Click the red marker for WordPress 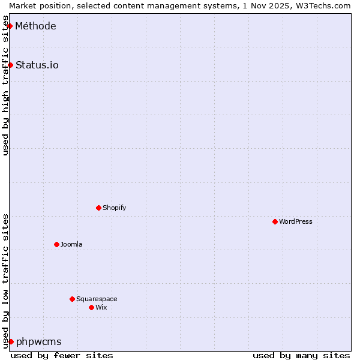[275, 221]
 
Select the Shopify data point [98, 208]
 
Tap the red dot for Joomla [56, 244]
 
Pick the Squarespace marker [72, 299]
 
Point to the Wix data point [91, 307]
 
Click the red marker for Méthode [10, 26]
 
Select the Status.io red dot [10, 65]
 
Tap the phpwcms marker [11, 341]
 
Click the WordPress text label [296, 221]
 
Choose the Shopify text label [114, 208]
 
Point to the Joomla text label [71, 244]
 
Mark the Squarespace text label [97, 299]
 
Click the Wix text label [101, 307]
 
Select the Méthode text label [36, 26]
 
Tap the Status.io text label [37, 65]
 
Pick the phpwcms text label [39, 341]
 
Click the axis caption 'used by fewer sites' [62, 355]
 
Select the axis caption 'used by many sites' [301, 355]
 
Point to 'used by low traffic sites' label [5, 281]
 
